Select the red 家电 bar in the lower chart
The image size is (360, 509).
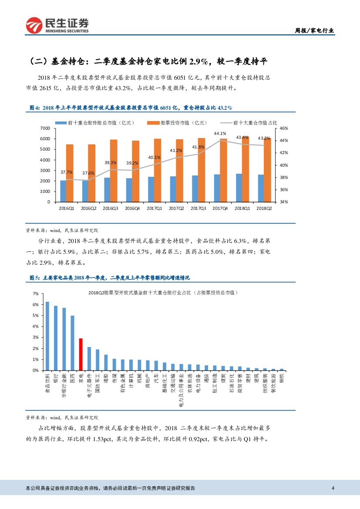[81, 354]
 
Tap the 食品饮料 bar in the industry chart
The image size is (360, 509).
[47, 336]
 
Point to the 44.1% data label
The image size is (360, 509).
[220, 133]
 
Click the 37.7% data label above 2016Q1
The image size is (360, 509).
[67, 172]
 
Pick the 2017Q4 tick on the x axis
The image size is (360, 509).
[220, 209]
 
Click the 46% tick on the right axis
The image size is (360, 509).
[283, 128]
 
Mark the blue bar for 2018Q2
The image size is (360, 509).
[260, 188]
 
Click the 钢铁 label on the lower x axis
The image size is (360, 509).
[282, 379]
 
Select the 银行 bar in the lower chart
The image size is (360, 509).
[56, 338]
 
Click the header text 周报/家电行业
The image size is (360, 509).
[315, 30]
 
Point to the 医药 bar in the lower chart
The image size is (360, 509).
[72, 343]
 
